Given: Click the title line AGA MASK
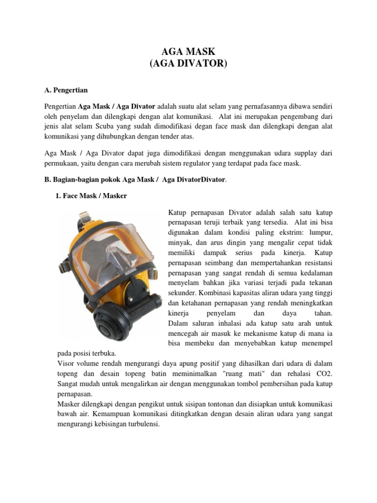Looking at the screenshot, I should pyautogui.click(x=188, y=52).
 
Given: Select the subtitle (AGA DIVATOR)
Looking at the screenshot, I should pyautogui.click(x=188, y=64).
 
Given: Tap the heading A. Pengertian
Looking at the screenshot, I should pyautogui.click(x=66, y=90).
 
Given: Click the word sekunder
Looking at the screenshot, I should pyautogui.click(x=181, y=293).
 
